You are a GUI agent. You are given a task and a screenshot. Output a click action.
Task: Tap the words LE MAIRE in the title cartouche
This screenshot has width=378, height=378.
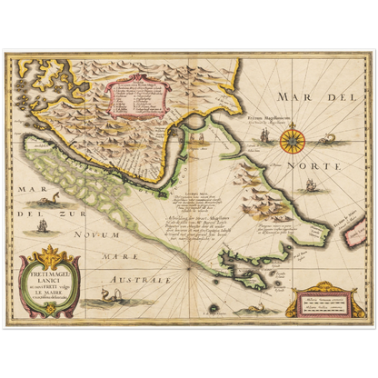(50, 292)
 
